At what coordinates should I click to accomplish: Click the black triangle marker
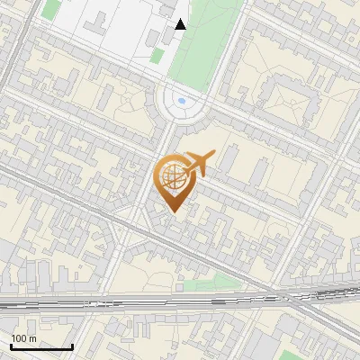pyautogui.click(x=181, y=24)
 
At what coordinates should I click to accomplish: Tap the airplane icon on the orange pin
pyautogui.click(x=199, y=165)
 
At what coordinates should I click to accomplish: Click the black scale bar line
pyautogui.click(x=41, y=347)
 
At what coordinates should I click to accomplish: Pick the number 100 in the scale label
pyautogui.click(x=19, y=338)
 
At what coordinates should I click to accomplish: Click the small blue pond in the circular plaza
pyautogui.click(x=183, y=101)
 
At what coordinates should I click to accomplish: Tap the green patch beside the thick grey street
pyautogui.click(x=51, y=10)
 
